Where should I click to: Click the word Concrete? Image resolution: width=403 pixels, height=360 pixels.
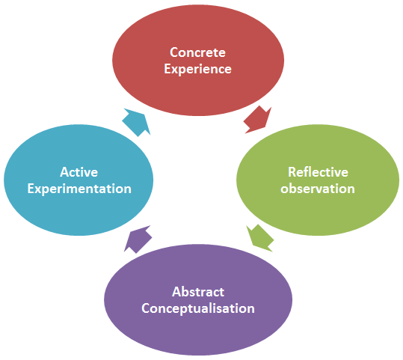(197, 52)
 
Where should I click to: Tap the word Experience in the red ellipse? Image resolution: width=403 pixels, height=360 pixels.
(197, 69)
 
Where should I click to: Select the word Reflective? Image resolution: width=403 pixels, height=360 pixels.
(318, 172)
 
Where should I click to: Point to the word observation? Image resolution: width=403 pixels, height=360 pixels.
(318, 189)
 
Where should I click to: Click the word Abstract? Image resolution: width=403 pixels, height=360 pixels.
(198, 292)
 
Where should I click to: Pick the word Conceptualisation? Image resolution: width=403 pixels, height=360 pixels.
(198, 308)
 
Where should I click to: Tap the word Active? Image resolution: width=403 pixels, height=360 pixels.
(79, 172)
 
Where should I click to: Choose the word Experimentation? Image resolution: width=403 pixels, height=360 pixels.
(79, 189)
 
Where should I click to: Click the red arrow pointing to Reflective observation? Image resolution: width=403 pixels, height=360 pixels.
(257, 120)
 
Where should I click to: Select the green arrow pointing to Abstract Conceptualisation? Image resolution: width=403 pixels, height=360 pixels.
(260, 238)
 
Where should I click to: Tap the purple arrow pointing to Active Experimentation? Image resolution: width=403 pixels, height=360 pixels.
(138, 240)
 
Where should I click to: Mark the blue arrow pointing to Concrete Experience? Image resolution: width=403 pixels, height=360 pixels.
(136, 122)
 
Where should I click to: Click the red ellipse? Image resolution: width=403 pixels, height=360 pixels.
(198, 61)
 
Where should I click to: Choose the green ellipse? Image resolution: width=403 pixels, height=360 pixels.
(318, 180)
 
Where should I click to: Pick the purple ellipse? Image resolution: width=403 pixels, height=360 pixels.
(198, 300)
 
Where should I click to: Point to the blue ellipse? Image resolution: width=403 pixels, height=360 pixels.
(79, 180)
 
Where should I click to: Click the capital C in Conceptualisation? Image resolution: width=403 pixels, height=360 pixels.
(145, 308)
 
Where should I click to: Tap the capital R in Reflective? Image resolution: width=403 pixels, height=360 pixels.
(292, 172)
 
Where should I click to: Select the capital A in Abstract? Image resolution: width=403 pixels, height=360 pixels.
(176, 292)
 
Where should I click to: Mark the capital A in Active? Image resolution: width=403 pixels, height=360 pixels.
(64, 172)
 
